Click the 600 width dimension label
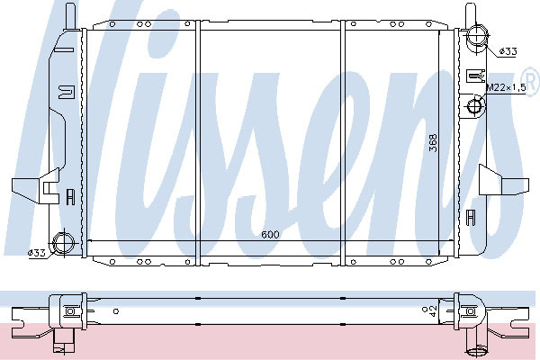(270, 235)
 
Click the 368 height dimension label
(433, 143)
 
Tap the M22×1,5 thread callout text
(506, 88)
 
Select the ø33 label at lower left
(37, 253)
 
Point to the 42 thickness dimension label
(433, 310)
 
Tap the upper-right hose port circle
(477, 35)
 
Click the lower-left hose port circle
(64, 243)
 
